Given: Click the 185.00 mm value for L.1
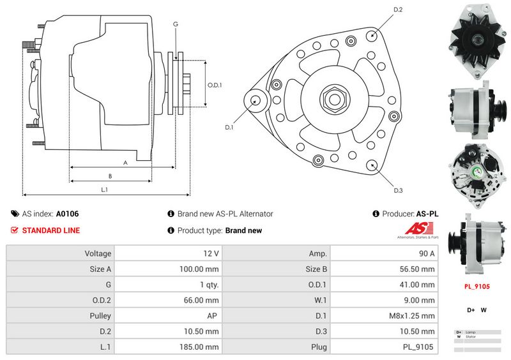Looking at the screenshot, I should tap(202, 347).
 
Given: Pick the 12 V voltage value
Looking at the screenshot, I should tap(212, 253).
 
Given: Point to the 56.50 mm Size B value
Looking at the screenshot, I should tap(420, 269).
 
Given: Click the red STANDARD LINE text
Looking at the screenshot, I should tap(51, 230).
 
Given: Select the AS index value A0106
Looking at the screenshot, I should tap(67, 214).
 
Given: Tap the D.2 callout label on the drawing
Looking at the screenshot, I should tap(398, 10).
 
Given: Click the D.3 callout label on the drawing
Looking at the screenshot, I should tap(398, 190).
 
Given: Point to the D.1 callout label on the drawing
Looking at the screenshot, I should tap(229, 127).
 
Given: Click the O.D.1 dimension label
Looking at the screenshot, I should tap(215, 85).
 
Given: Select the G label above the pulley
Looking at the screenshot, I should tap(175, 24).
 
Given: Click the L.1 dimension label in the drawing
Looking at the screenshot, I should tap(104, 190).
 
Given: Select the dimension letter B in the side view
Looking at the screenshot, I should tap(110, 176).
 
